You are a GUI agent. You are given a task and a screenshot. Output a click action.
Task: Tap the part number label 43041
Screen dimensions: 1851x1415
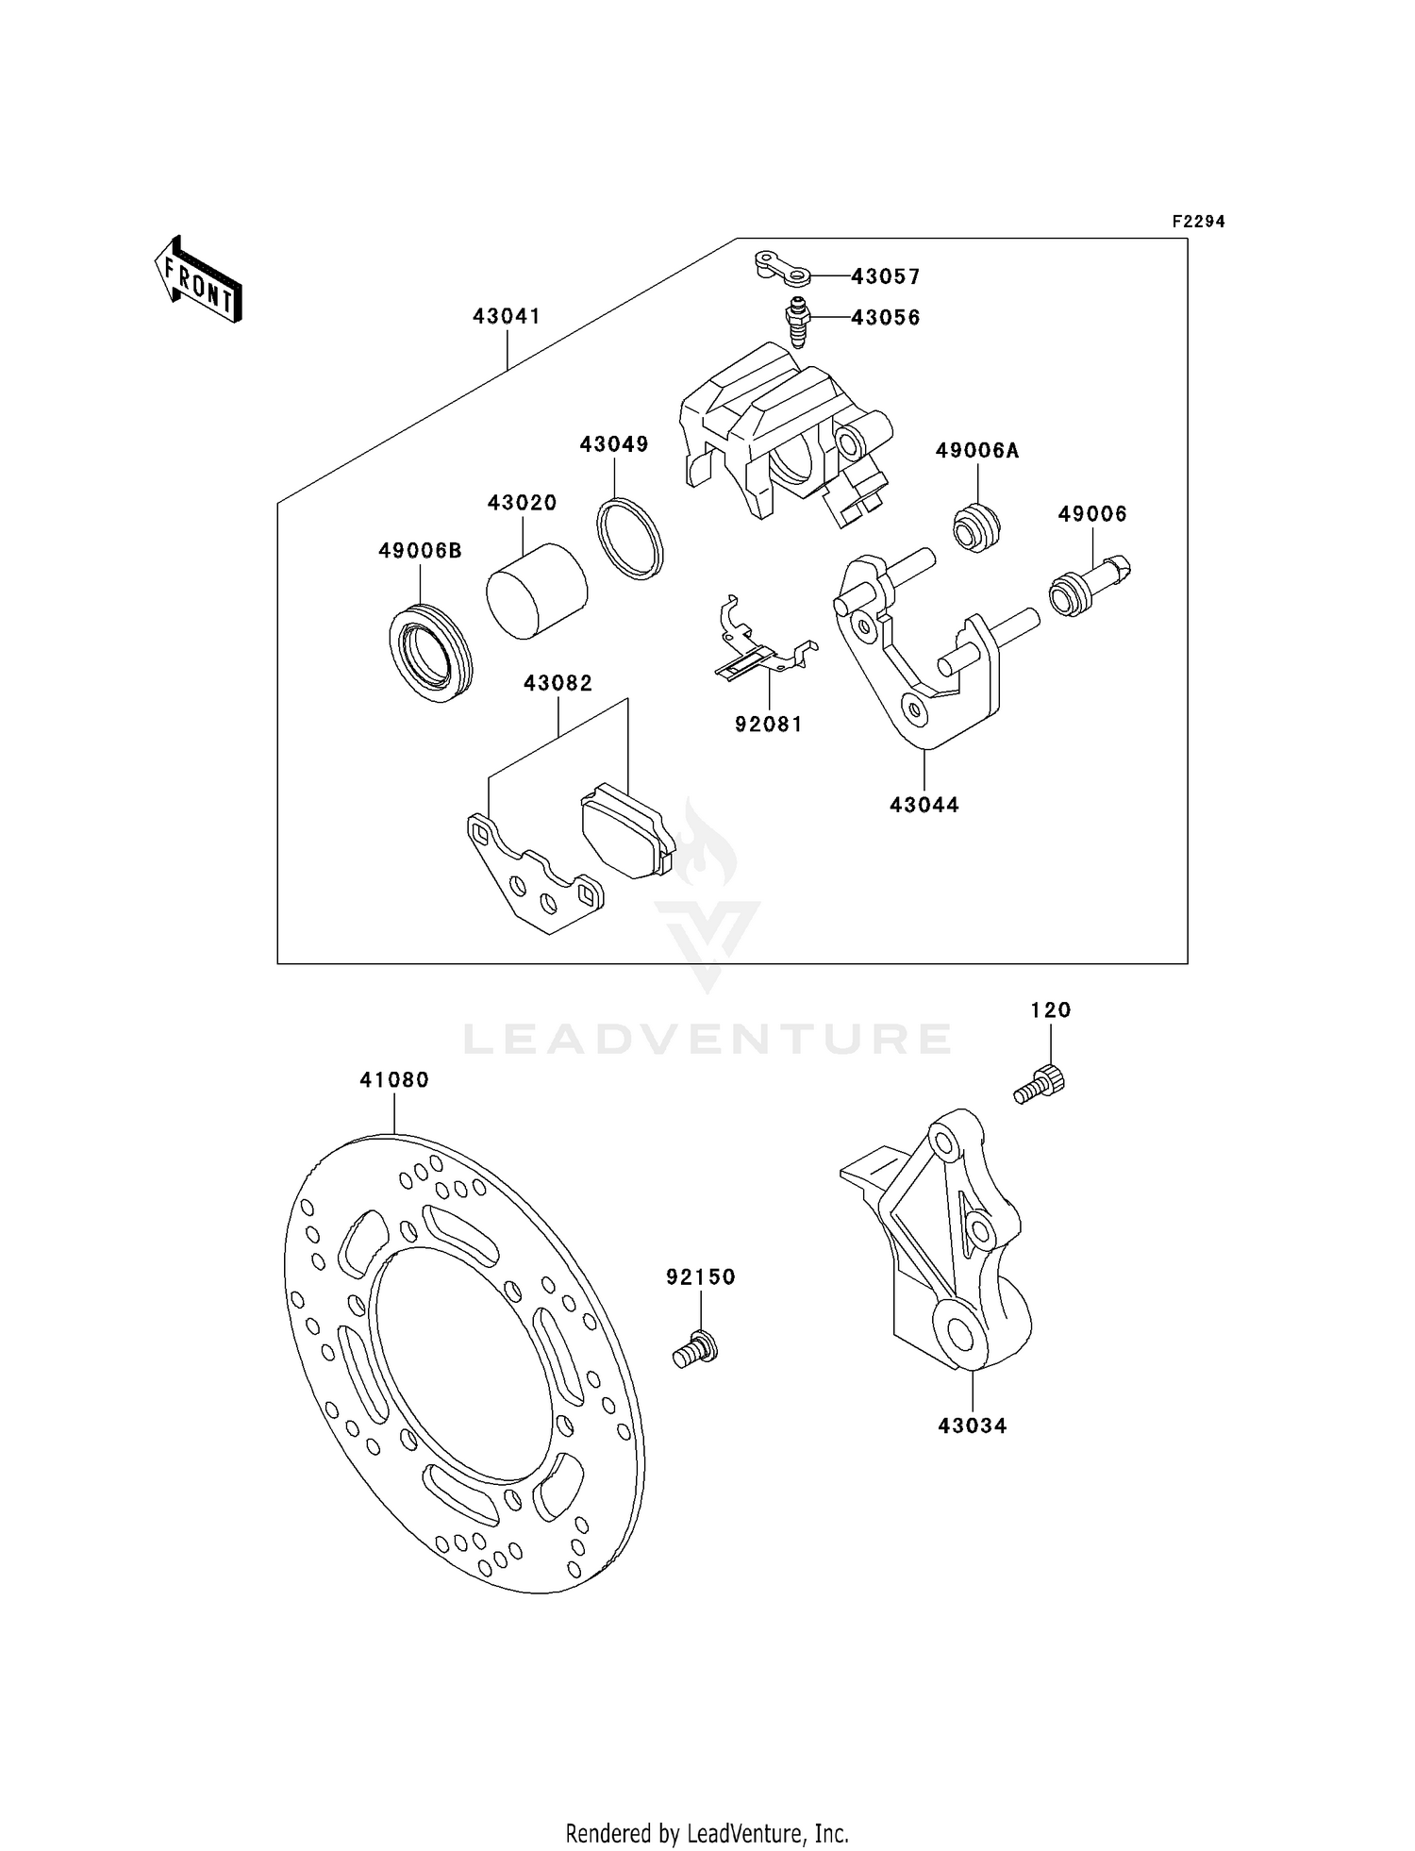click(x=507, y=317)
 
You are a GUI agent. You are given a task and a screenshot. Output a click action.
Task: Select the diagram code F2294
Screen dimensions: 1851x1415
click(x=1198, y=222)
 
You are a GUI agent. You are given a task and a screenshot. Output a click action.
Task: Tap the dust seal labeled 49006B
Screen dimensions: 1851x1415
click(x=430, y=651)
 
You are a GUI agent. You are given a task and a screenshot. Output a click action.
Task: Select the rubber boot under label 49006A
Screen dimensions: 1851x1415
click(x=976, y=528)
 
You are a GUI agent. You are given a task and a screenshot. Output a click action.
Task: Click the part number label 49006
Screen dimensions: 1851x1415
click(x=1092, y=514)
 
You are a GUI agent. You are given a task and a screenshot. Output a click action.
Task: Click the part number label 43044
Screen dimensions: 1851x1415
click(x=924, y=805)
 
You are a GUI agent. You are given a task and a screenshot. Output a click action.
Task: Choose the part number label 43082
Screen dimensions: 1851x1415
click(x=558, y=683)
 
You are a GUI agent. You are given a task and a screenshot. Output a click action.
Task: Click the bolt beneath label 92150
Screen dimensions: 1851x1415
click(x=695, y=1347)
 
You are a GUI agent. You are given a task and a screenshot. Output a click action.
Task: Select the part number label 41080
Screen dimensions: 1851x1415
click(x=394, y=1080)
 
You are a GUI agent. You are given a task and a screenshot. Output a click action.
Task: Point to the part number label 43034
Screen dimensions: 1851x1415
click(x=972, y=1426)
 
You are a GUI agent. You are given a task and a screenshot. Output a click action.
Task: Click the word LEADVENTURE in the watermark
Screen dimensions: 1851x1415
click(x=707, y=1039)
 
